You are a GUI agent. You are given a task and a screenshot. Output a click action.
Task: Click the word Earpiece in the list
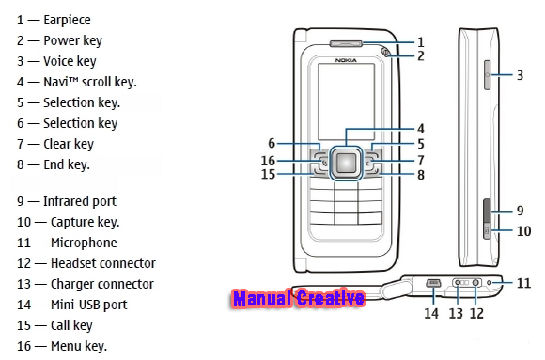[x=67, y=20]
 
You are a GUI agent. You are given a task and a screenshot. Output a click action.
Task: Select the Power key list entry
[x=59, y=40]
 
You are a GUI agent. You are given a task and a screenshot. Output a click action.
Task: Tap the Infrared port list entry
[x=67, y=201]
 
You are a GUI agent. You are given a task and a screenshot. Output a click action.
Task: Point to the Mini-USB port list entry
[x=72, y=305]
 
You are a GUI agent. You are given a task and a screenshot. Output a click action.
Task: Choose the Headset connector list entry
[x=86, y=263]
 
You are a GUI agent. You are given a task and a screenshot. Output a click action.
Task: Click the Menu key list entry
[x=62, y=346]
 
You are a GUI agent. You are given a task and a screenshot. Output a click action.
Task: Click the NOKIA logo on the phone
[x=346, y=60]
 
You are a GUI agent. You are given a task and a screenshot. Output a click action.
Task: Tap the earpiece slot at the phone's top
[x=346, y=43]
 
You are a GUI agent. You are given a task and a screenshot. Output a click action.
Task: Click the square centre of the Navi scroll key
[x=346, y=162]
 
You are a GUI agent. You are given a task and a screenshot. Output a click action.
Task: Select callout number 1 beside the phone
[x=421, y=42]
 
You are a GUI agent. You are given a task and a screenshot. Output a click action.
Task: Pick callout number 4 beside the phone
[x=421, y=129]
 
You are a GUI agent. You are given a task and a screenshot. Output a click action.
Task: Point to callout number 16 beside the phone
[x=268, y=161]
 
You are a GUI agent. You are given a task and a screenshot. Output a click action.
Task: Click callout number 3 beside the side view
[x=520, y=75]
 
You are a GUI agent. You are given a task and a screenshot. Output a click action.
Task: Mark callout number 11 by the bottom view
[x=523, y=283]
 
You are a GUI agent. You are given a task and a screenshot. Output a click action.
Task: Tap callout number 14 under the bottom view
[x=431, y=313]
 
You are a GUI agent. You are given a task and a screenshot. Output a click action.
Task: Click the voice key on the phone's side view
[x=487, y=74]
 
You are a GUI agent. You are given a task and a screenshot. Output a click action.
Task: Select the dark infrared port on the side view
[x=487, y=211]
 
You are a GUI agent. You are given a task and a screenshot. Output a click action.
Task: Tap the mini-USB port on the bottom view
[x=433, y=283]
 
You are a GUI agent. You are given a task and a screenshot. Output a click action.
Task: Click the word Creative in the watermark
[x=330, y=299]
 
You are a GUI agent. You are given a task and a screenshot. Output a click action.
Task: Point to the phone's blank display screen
[x=346, y=102]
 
